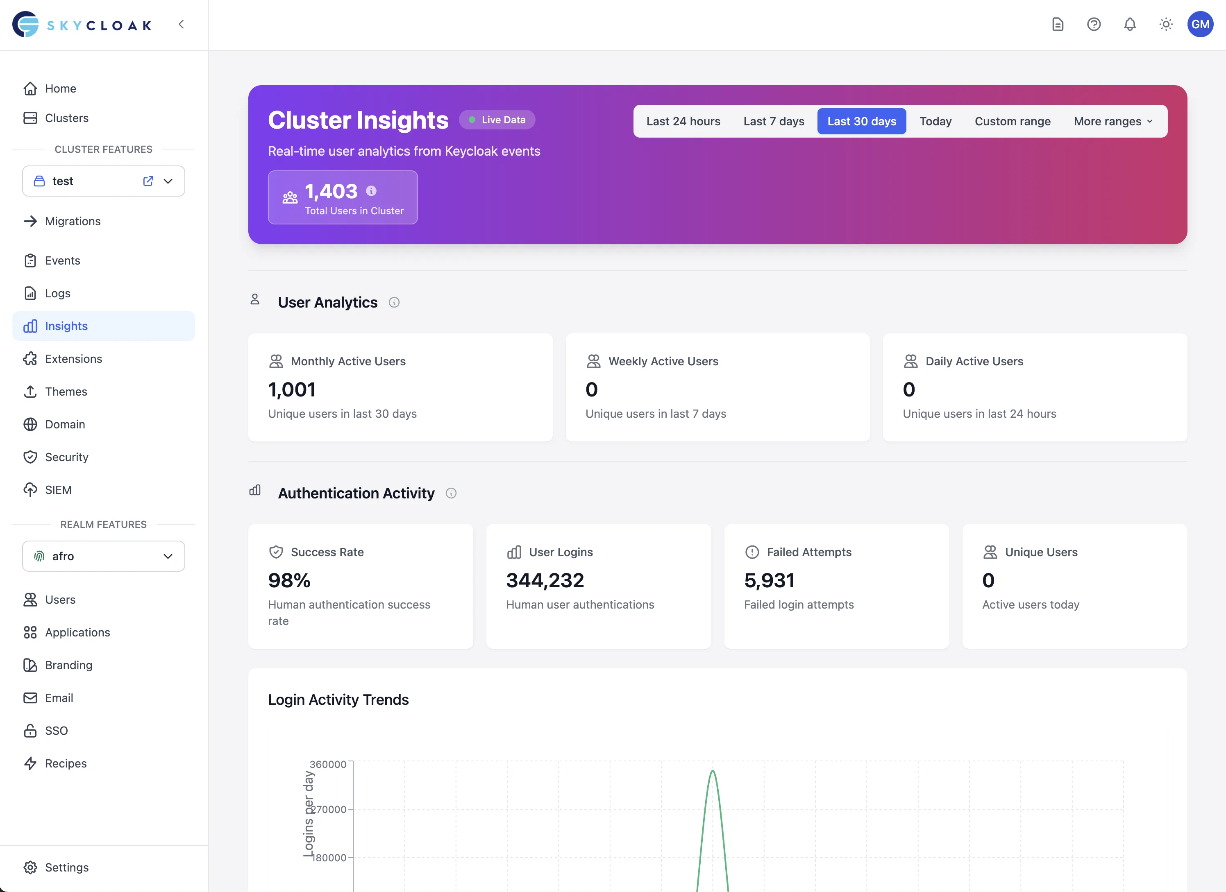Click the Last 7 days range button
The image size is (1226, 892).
click(x=774, y=121)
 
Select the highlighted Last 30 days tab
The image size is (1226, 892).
click(x=861, y=121)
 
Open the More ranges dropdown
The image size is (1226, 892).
click(x=1112, y=121)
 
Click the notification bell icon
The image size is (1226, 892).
click(x=1129, y=24)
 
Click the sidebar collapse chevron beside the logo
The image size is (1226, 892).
click(x=181, y=24)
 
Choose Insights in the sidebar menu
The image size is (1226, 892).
click(x=66, y=326)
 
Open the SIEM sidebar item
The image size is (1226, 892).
click(x=58, y=489)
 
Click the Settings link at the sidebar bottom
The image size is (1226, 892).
click(x=66, y=867)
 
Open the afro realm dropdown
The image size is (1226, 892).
click(x=103, y=556)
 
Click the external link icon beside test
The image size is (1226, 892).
click(x=148, y=181)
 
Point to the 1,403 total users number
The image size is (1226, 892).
click(x=331, y=191)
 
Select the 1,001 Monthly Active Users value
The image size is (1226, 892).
click(x=291, y=389)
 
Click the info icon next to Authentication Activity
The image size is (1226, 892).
click(x=451, y=493)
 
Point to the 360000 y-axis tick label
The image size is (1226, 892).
click(x=327, y=764)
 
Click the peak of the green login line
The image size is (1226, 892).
click(x=713, y=771)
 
